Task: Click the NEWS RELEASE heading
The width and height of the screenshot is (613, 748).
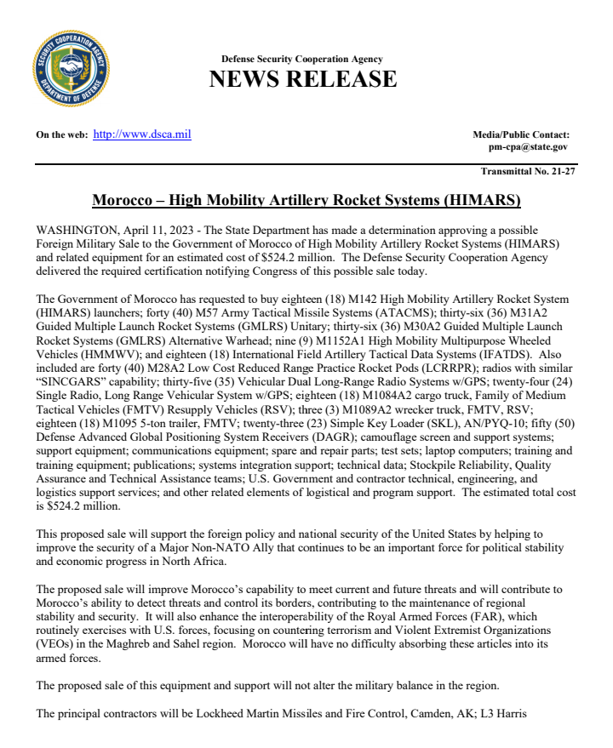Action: (302, 79)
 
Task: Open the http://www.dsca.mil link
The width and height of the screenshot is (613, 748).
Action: (141, 134)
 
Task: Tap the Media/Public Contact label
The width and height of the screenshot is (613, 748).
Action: (520, 134)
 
